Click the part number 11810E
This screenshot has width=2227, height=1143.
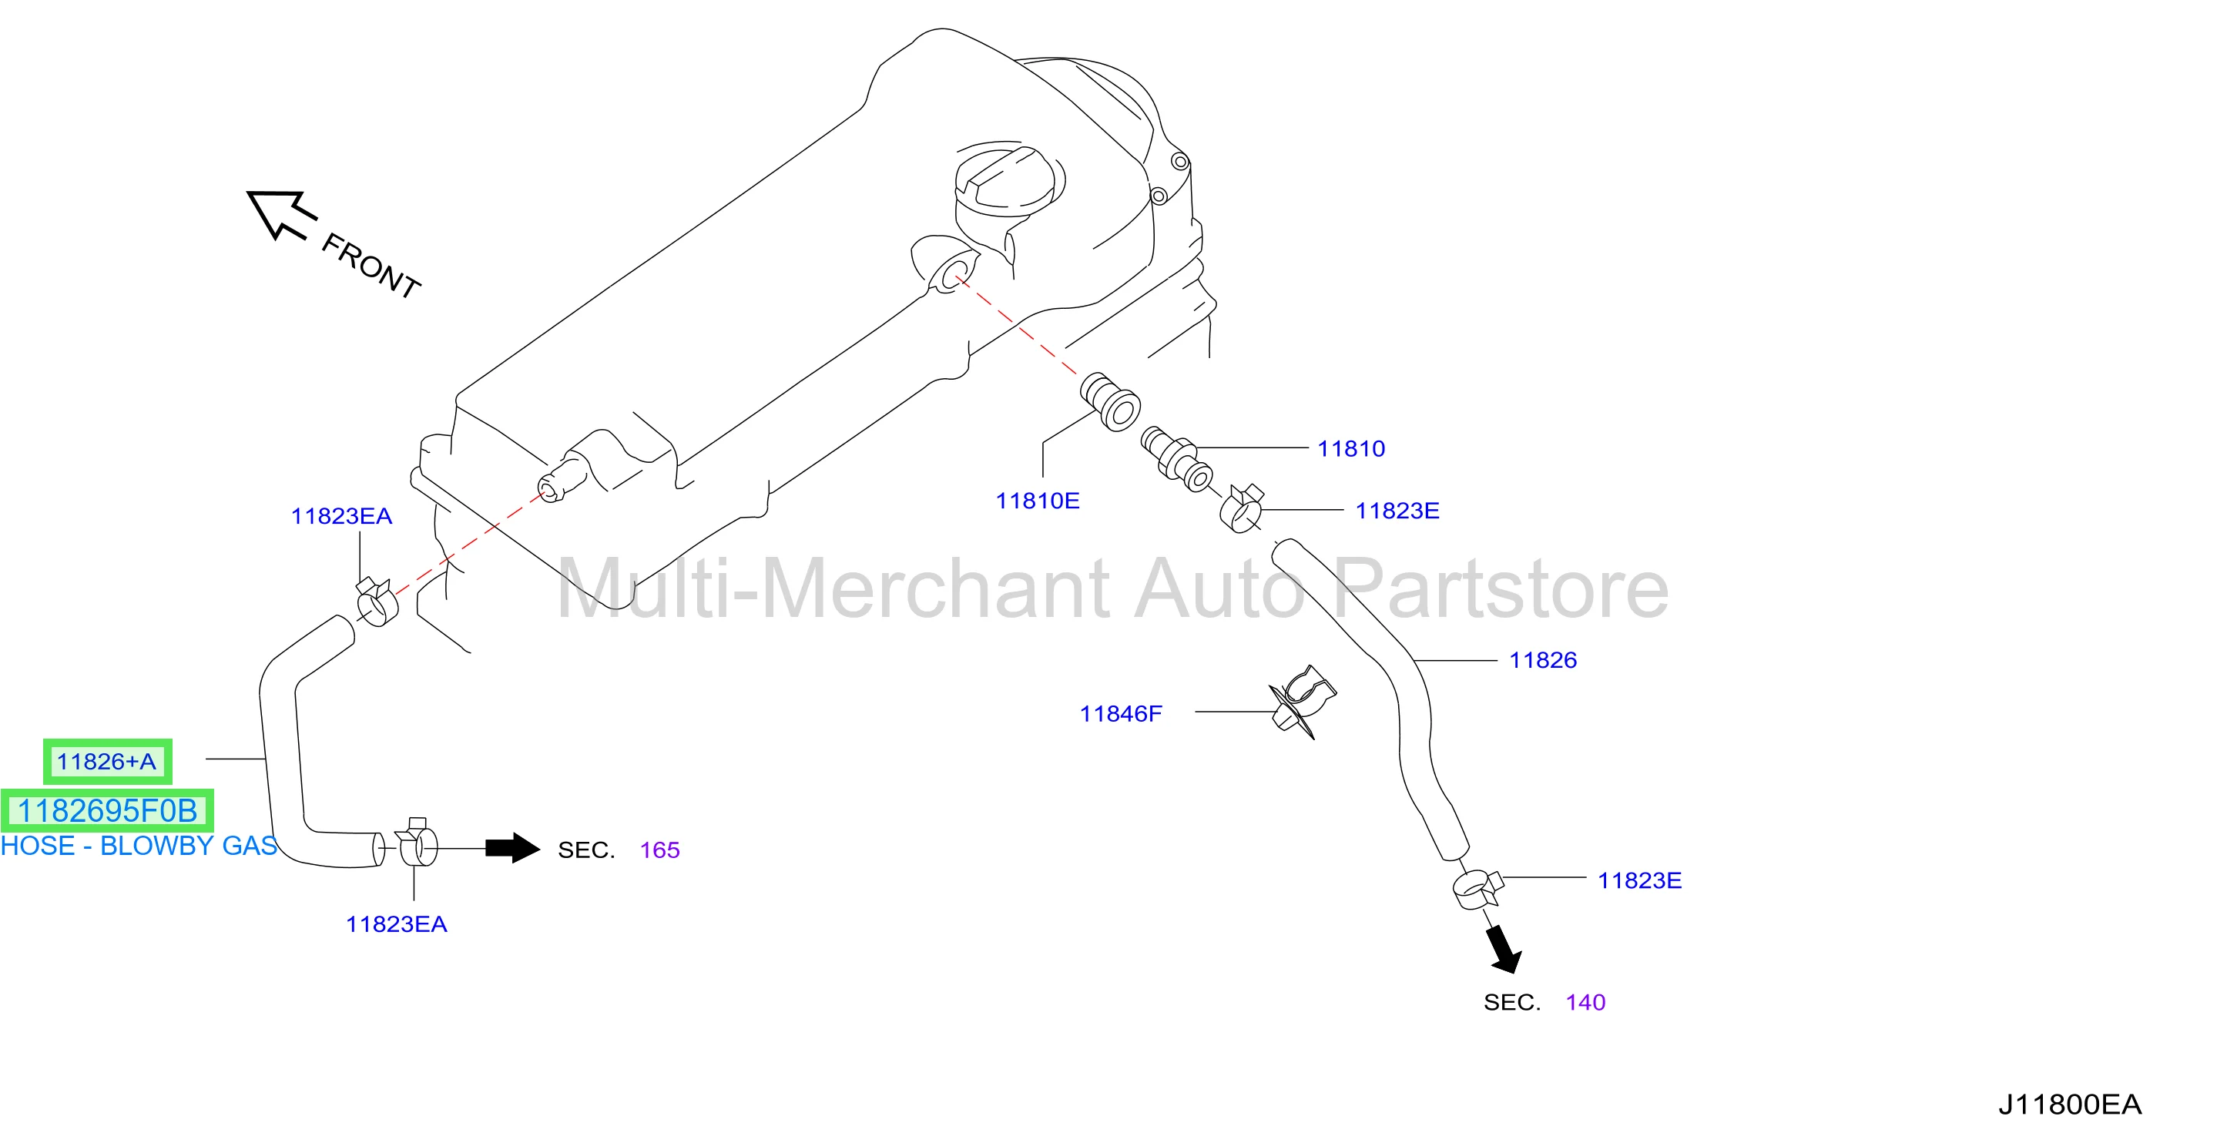pos(1038,501)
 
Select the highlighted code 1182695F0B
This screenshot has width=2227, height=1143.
pos(107,811)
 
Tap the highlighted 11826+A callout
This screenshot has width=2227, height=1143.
pos(107,762)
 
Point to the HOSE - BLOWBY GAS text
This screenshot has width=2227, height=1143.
pos(139,846)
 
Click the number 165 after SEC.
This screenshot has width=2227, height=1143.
pos(659,850)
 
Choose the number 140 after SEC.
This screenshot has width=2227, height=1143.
pos(1585,1002)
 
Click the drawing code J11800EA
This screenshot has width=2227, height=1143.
pos(2070,1104)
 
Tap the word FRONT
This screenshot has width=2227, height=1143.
pos(370,266)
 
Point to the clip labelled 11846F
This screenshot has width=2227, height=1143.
pos(1302,700)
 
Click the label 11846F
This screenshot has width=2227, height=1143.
pos(1120,713)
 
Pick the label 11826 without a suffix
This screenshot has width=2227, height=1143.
pos(1543,659)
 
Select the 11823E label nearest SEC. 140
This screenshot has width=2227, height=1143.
pos(1639,880)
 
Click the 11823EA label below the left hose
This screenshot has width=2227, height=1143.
pos(396,924)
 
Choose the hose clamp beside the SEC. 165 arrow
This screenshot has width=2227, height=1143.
pos(417,842)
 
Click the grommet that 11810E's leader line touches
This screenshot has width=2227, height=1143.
pos(1111,401)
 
